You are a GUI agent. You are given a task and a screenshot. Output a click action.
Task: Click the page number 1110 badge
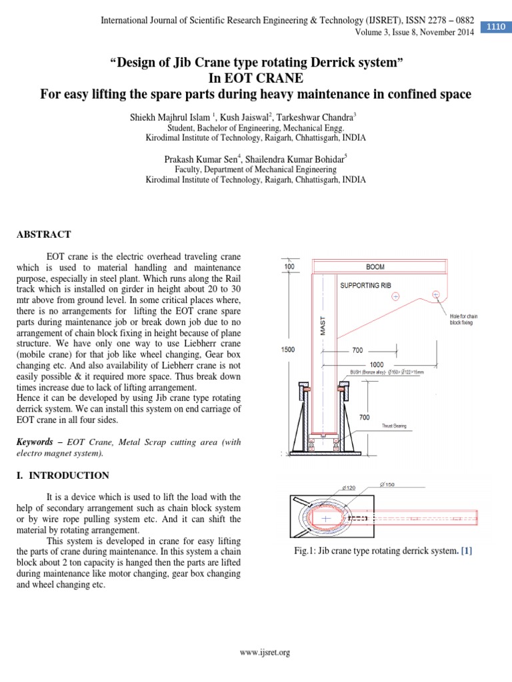tap(495, 27)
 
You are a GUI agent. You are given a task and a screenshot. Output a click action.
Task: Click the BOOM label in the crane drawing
tap(375, 266)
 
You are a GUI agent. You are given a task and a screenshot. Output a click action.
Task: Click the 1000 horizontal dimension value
tap(376, 364)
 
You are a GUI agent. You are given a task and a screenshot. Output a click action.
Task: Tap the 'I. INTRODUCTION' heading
tap(62, 476)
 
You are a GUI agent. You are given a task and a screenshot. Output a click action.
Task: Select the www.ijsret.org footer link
tap(265, 653)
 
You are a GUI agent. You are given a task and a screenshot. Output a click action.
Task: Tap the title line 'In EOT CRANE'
tap(256, 79)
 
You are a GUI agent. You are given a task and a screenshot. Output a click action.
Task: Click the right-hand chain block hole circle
tap(435, 294)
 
